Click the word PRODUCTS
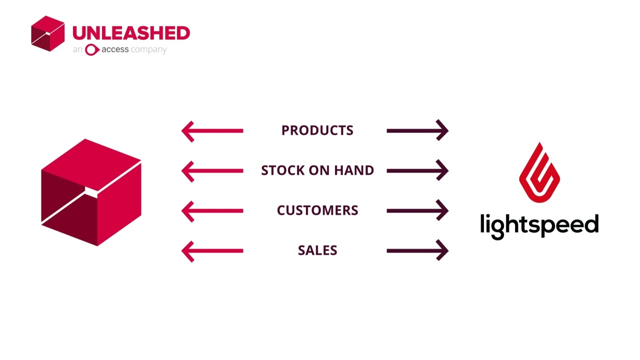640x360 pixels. pos(317,130)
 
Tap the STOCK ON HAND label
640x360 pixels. pos(317,170)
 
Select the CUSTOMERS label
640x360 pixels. pos(317,210)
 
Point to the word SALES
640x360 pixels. pos(317,250)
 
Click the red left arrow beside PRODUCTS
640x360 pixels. pos(212,131)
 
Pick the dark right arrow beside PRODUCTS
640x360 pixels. pos(417,131)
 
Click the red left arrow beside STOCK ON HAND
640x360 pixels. pos(212,171)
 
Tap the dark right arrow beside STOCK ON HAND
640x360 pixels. pos(417,171)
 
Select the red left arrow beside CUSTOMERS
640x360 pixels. pos(212,211)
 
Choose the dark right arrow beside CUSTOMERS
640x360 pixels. pos(417,211)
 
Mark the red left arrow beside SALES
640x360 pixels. pos(212,251)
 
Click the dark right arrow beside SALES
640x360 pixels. pos(417,251)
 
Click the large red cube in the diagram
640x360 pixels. pos(91,192)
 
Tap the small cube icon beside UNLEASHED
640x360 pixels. pos(48,33)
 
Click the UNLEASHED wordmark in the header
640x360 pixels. pos(131,33)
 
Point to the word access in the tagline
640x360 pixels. pos(115,49)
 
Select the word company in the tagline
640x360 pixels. pos(148,50)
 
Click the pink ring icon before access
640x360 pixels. pos(91,49)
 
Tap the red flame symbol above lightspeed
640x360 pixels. pos(539,172)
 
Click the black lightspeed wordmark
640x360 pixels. pos(539,225)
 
